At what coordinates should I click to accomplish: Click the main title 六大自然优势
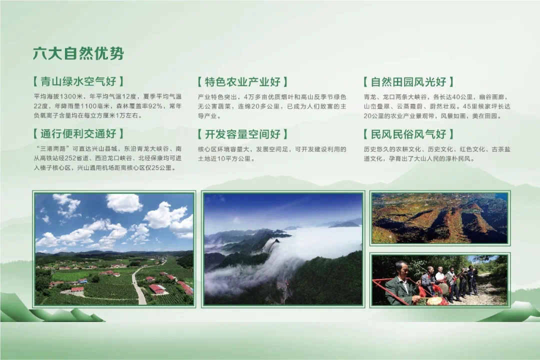tap(78, 53)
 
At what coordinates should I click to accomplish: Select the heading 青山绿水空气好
tap(78, 81)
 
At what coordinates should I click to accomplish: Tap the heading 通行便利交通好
tap(78, 133)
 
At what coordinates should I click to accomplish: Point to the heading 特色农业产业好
tap(242, 82)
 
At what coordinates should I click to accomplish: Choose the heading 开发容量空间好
tap(242, 134)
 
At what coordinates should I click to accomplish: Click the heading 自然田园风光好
tap(408, 82)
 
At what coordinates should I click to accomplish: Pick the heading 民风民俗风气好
tap(408, 134)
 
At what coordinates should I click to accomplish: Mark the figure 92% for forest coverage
tap(155, 106)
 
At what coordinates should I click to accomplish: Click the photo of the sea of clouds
tap(283, 249)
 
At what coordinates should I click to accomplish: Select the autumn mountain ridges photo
tap(440, 218)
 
